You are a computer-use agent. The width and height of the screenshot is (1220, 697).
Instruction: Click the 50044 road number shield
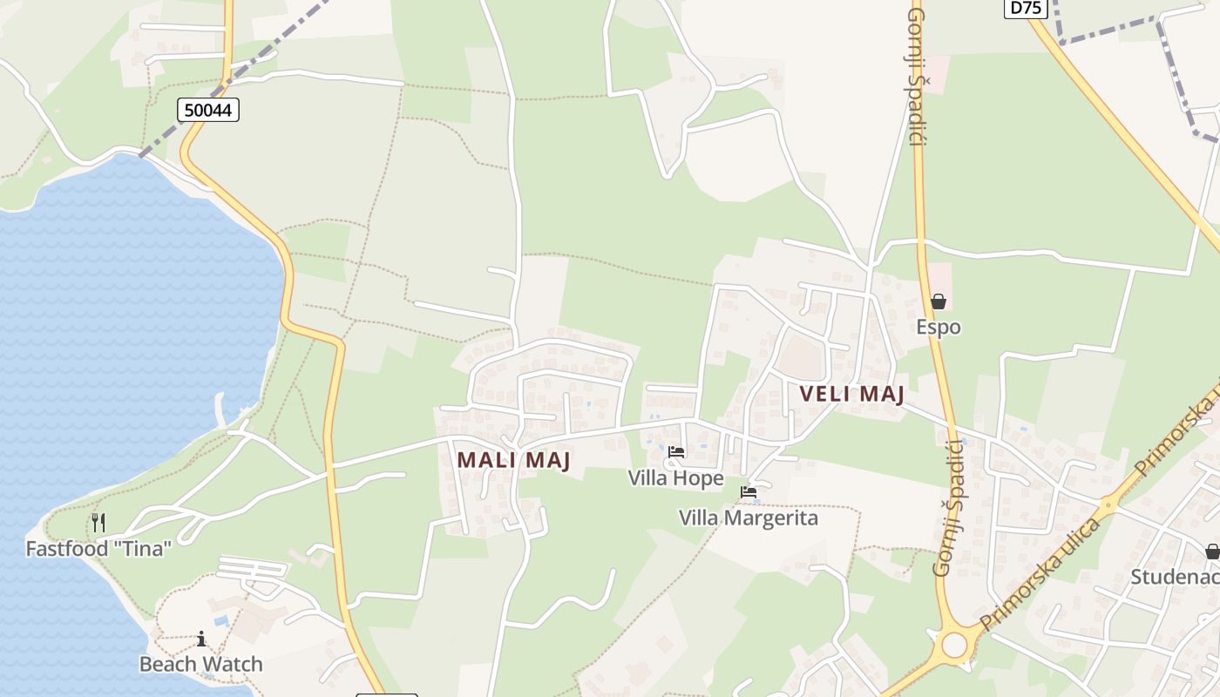(x=208, y=110)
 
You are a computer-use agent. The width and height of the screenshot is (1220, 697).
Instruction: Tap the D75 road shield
(x=1025, y=8)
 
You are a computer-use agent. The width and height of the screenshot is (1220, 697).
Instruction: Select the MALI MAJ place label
(x=513, y=459)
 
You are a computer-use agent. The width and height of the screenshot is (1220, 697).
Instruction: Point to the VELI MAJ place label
(x=851, y=394)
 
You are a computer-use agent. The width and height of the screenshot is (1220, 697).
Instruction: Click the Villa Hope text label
(x=676, y=478)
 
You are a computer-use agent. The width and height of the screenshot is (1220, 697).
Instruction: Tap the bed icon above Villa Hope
(x=676, y=452)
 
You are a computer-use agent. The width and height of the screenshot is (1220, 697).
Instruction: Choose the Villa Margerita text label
(x=749, y=518)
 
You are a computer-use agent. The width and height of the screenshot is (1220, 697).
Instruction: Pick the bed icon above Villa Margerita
(x=749, y=492)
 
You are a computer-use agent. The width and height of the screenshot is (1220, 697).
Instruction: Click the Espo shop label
(x=939, y=328)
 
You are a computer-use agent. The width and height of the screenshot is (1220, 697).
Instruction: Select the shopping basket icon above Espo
(x=939, y=301)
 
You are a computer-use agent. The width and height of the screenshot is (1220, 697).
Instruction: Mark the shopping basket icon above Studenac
(x=1212, y=551)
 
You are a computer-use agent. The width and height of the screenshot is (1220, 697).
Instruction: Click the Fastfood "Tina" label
(x=98, y=549)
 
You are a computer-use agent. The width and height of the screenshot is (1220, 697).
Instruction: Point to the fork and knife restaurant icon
(x=98, y=523)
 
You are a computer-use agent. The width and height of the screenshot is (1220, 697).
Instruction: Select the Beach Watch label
(x=201, y=664)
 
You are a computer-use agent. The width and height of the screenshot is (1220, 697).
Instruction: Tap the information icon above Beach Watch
(x=201, y=639)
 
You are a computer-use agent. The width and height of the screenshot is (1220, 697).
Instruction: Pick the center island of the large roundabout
(x=955, y=645)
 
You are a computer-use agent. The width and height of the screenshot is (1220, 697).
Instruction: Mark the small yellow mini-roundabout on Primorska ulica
(x=1108, y=504)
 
